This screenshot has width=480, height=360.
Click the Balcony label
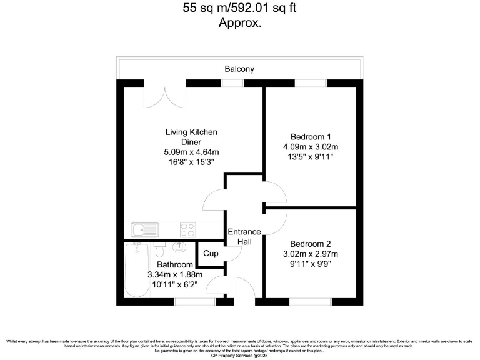239,69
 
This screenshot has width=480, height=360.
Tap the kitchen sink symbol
143,229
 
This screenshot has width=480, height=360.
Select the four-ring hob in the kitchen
188,229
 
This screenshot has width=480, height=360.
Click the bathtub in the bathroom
137,270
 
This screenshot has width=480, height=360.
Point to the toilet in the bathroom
159,249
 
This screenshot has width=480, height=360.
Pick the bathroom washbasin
179,248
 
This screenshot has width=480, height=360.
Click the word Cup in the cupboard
211,254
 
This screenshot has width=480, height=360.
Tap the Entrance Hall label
244,236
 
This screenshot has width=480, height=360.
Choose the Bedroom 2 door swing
275,223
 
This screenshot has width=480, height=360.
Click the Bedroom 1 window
306,83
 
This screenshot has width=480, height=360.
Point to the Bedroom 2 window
310,302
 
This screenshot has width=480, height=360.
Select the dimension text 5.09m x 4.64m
191,152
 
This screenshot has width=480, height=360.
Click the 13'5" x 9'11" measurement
311,157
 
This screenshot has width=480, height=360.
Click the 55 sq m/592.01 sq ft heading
239,8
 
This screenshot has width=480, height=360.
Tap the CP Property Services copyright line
240,354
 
